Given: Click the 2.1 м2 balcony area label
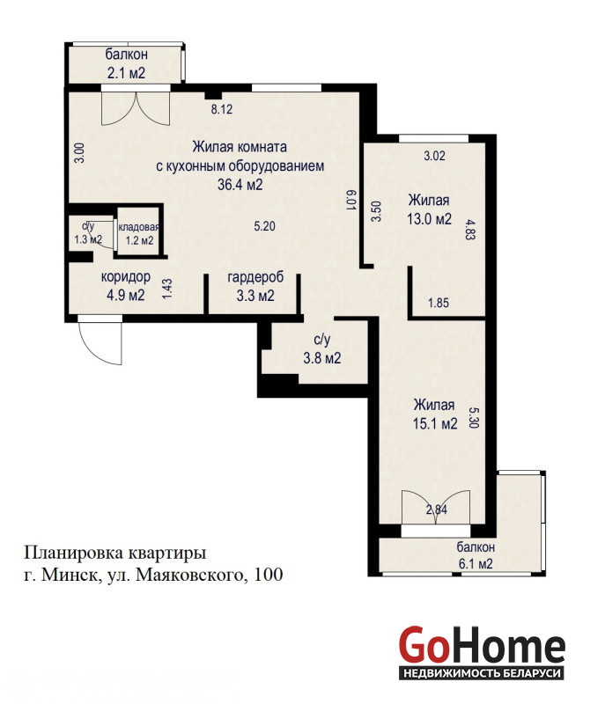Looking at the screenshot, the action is pyautogui.click(x=126, y=73).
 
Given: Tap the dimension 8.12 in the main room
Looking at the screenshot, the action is pyautogui.click(x=222, y=108).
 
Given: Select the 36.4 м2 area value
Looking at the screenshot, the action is pyautogui.click(x=240, y=185).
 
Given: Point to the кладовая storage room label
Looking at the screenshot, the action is pyautogui.click(x=139, y=227).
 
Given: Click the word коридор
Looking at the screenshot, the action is pyautogui.click(x=126, y=276).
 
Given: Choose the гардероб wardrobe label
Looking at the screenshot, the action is pyautogui.click(x=255, y=277).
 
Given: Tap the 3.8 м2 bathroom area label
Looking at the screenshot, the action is pyautogui.click(x=322, y=358).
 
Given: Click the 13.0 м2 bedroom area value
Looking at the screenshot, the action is pyautogui.click(x=430, y=219).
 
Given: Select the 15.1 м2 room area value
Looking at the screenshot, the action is pyautogui.click(x=435, y=423).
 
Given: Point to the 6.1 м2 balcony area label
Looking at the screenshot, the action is pyautogui.click(x=476, y=563).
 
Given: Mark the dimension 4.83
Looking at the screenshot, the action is pyautogui.click(x=469, y=230).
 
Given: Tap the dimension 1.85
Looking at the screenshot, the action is pyautogui.click(x=439, y=303).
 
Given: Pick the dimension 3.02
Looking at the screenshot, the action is pyautogui.click(x=435, y=156).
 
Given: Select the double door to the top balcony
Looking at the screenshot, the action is pyautogui.click(x=136, y=107).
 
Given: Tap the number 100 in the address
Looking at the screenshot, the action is pyautogui.click(x=269, y=575).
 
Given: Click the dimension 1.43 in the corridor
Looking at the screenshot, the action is pyautogui.click(x=166, y=290).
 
